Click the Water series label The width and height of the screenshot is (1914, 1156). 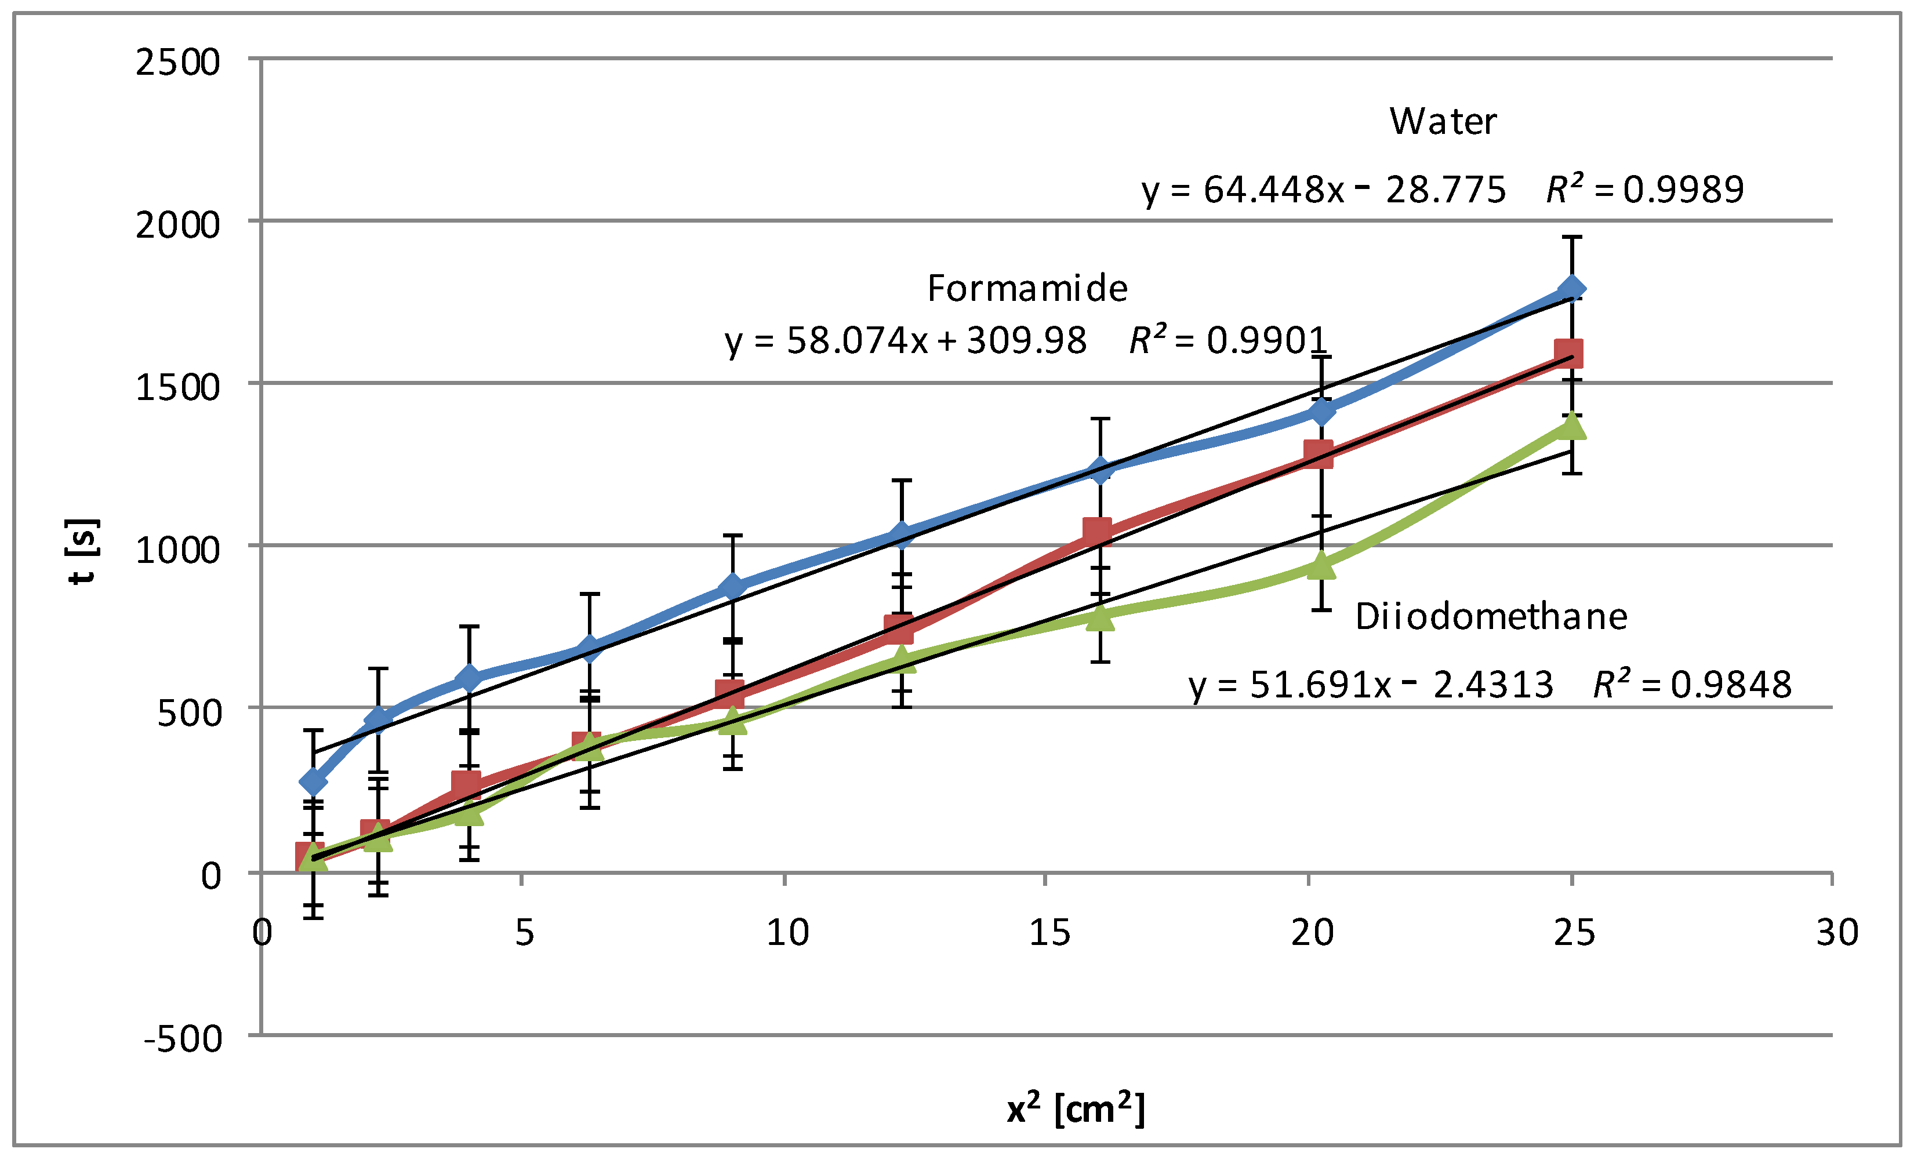pos(1443,122)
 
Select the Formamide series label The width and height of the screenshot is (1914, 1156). pos(1027,289)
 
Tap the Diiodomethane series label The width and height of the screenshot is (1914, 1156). pos(1491,617)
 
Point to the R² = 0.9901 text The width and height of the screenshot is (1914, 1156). pos(1228,340)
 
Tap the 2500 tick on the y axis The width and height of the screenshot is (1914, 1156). pos(178,62)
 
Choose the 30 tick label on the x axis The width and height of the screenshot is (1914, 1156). pos(1837,932)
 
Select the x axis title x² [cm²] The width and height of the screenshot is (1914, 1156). pos(1076,1108)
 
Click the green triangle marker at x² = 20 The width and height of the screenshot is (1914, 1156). pos(1321,566)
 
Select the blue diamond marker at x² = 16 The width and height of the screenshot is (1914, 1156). pos(1100,469)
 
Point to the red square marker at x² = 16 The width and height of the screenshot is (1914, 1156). pos(1097,532)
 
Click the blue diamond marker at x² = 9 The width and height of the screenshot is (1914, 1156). pos(732,587)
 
